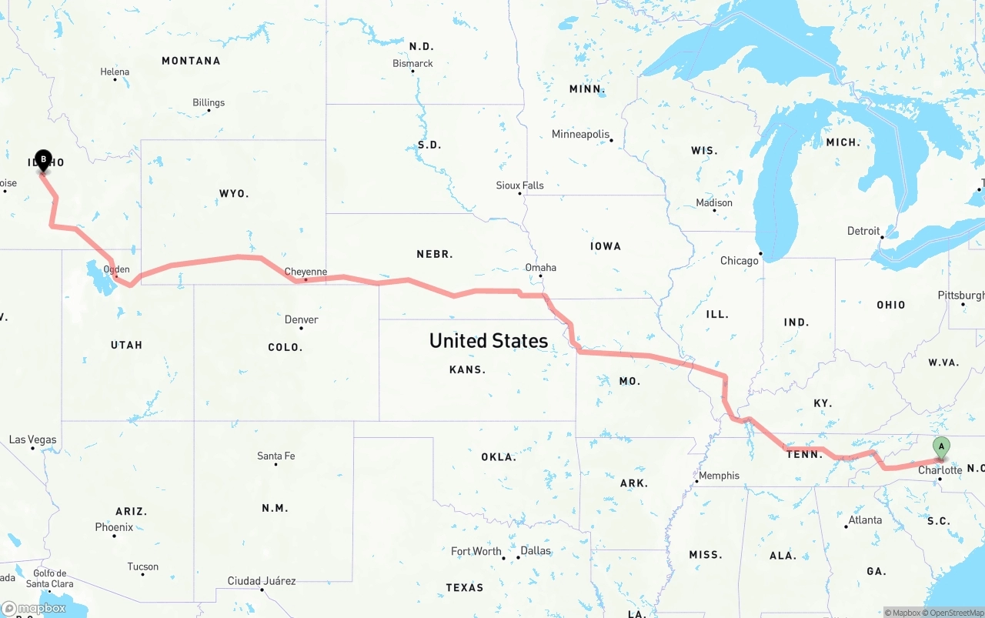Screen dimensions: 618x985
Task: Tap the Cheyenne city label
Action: click(x=306, y=272)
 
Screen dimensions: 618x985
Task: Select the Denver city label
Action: click(x=301, y=319)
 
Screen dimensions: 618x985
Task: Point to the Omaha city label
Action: click(x=540, y=268)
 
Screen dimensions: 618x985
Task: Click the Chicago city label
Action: click(x=739, y=261)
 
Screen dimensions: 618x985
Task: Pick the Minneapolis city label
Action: click(x=580, y=134)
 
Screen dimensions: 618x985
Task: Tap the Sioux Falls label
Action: click(x=519, y=185)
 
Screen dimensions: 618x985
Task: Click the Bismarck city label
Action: click(x=412, y=63)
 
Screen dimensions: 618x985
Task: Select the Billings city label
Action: click(x=209, y=102)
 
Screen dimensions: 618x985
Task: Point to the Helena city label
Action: click(x=115, y=72)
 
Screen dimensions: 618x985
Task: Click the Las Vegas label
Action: click(x=32, y=439)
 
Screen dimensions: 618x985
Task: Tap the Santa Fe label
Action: click(x=275, y=456)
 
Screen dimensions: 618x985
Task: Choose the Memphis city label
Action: click(x=719, y=476)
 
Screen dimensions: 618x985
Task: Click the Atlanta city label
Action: click(x=864, y=520)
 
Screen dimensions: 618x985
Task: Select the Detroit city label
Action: click(x=863, y=231)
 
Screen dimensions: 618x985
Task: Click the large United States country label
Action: click(x=489, y=340)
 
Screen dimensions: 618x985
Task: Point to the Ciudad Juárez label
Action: click(x=261, y=581)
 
